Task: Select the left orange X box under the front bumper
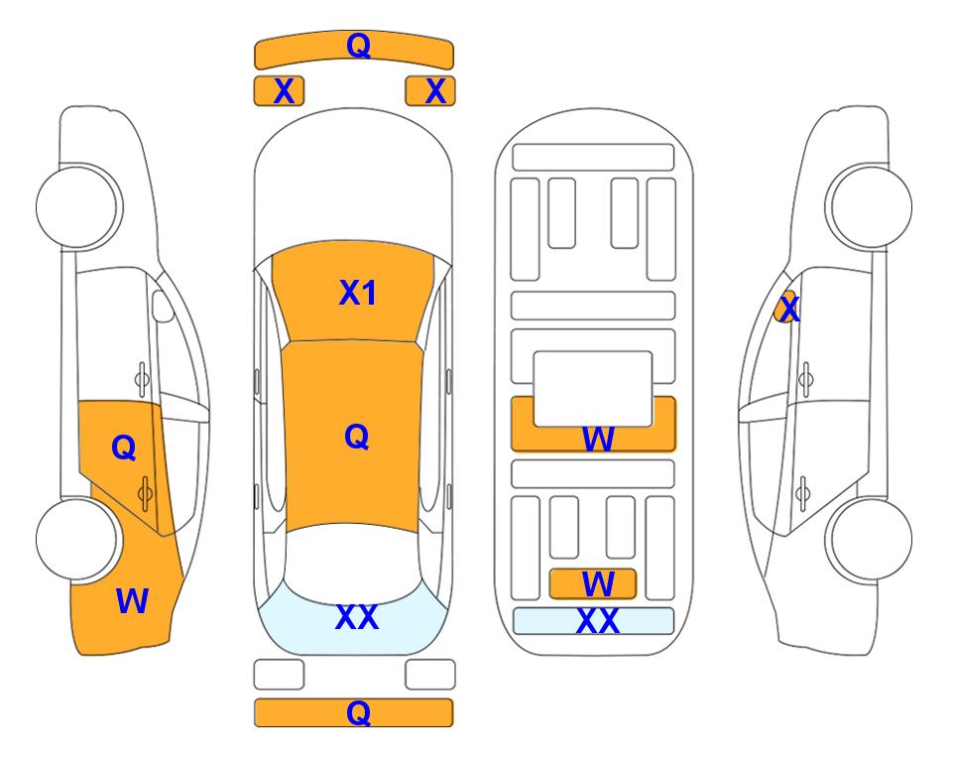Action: pyautogui.click(x=279, y=91)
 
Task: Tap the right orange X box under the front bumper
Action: pyautogui.click(x=430, y=91)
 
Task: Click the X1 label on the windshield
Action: pyautogui.click(x=358, y=293)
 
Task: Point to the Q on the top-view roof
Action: pyautogui.click(x=357, y=437)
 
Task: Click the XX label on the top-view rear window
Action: pyautogui.click(x=357, y=617)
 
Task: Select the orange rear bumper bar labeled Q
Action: pyautogui.click(x=354, y=712)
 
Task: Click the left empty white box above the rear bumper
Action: pyautogui.click(x=279, y=675)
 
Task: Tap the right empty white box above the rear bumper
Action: pyautogui.click(x=430, y=675)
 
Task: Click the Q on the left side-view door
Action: pyautogui.click(x=124, y=448)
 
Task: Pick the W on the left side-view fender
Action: pyautogui.click(x=132, y=601)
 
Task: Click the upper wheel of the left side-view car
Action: pyautogui.click(x=77, y=206)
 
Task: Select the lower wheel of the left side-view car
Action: pyautogui.click(x=77, y=539)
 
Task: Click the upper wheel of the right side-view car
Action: pyautogui.click(x=871, y=206)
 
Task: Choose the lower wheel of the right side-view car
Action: pyautogui.click(x=871, y=539)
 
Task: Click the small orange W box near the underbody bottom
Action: pyautogui.click(x=593, y=584)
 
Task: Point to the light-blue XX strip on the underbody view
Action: pyautogui.click(x=594, y=621)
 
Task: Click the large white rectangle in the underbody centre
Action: pyautogui.click(x=593, y=389)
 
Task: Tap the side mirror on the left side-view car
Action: pyautogui.click(x=163, y=306)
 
